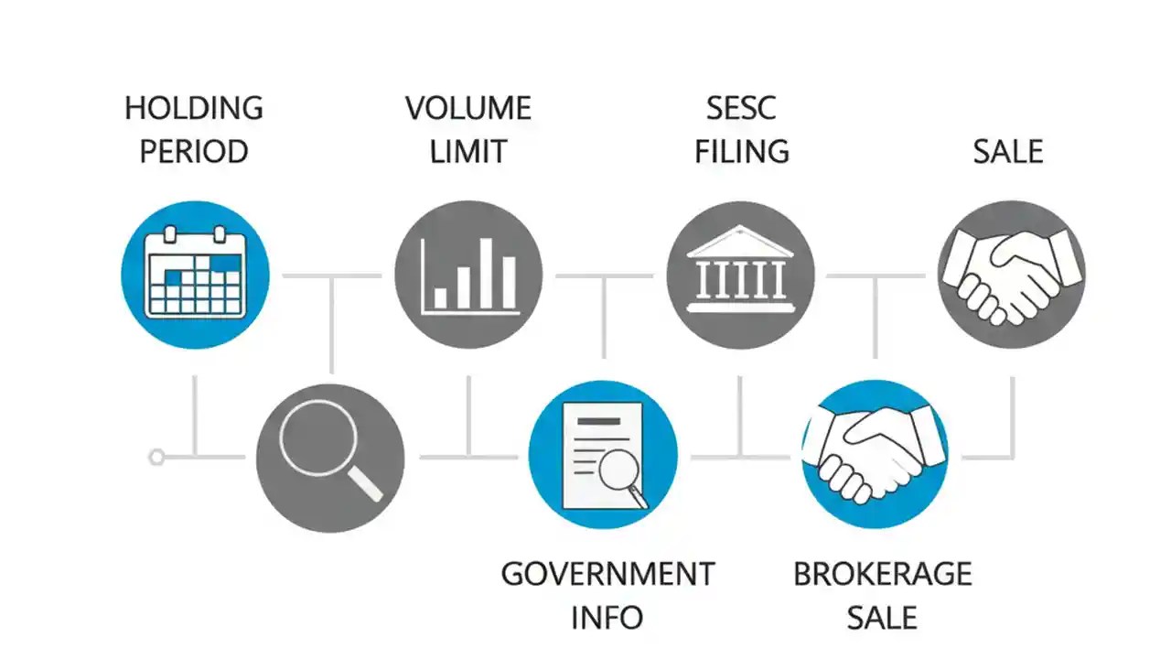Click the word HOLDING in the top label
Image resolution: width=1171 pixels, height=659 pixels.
click(x=194, y=108)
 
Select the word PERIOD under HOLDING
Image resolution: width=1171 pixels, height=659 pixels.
click(x=194, y=151)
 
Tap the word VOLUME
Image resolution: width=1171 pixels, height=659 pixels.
click(x=468, y=108)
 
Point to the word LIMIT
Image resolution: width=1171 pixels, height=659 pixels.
click(x=468, y=151)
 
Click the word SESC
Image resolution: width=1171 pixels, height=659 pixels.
click(x=741, y=108)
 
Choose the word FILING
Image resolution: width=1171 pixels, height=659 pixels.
click(x=741, y=151)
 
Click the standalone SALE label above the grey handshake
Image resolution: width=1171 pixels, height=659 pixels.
click(x=1008, y=151)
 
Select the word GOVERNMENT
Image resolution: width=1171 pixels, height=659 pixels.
click(x=607, y=574)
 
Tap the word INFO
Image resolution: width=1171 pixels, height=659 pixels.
click(x=607, y=617)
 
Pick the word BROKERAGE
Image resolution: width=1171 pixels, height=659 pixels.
click(x=882, y=574)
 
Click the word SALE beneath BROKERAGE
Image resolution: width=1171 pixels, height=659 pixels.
click(x=882, y=617)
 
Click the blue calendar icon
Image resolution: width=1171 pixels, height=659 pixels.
click(x=195, y=275)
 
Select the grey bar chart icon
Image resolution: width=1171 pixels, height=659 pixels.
click(x=468, y=275)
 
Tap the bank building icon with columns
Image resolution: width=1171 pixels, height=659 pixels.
click(x=741, y=275)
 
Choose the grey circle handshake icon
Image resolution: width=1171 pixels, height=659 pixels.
click(x=1012, y=275)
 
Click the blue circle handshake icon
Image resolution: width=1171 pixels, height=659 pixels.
click(x=876, y=455)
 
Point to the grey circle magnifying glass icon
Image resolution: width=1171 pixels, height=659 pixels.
click(x=330, y=457)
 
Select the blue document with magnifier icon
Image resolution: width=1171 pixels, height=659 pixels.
click(x=603, y=455)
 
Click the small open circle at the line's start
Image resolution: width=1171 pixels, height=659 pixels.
click(x=156, y=456)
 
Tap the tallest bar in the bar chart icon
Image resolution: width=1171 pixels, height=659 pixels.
click(x=487, y=274)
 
